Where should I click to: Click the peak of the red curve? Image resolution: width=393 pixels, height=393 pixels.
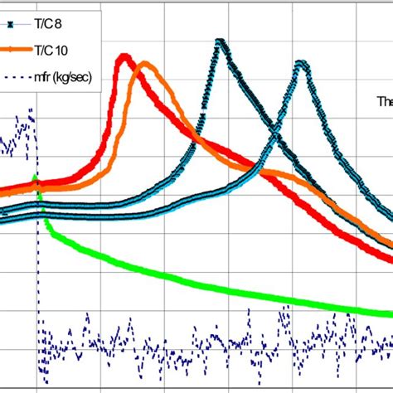(124, 56)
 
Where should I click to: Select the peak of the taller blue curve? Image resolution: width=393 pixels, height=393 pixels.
(220, 41)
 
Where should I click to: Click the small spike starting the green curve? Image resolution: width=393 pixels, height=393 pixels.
(34, 177)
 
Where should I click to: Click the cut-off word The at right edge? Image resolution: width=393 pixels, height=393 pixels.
(384, 101)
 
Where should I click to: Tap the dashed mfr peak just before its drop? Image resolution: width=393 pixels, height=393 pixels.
(32, 110)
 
